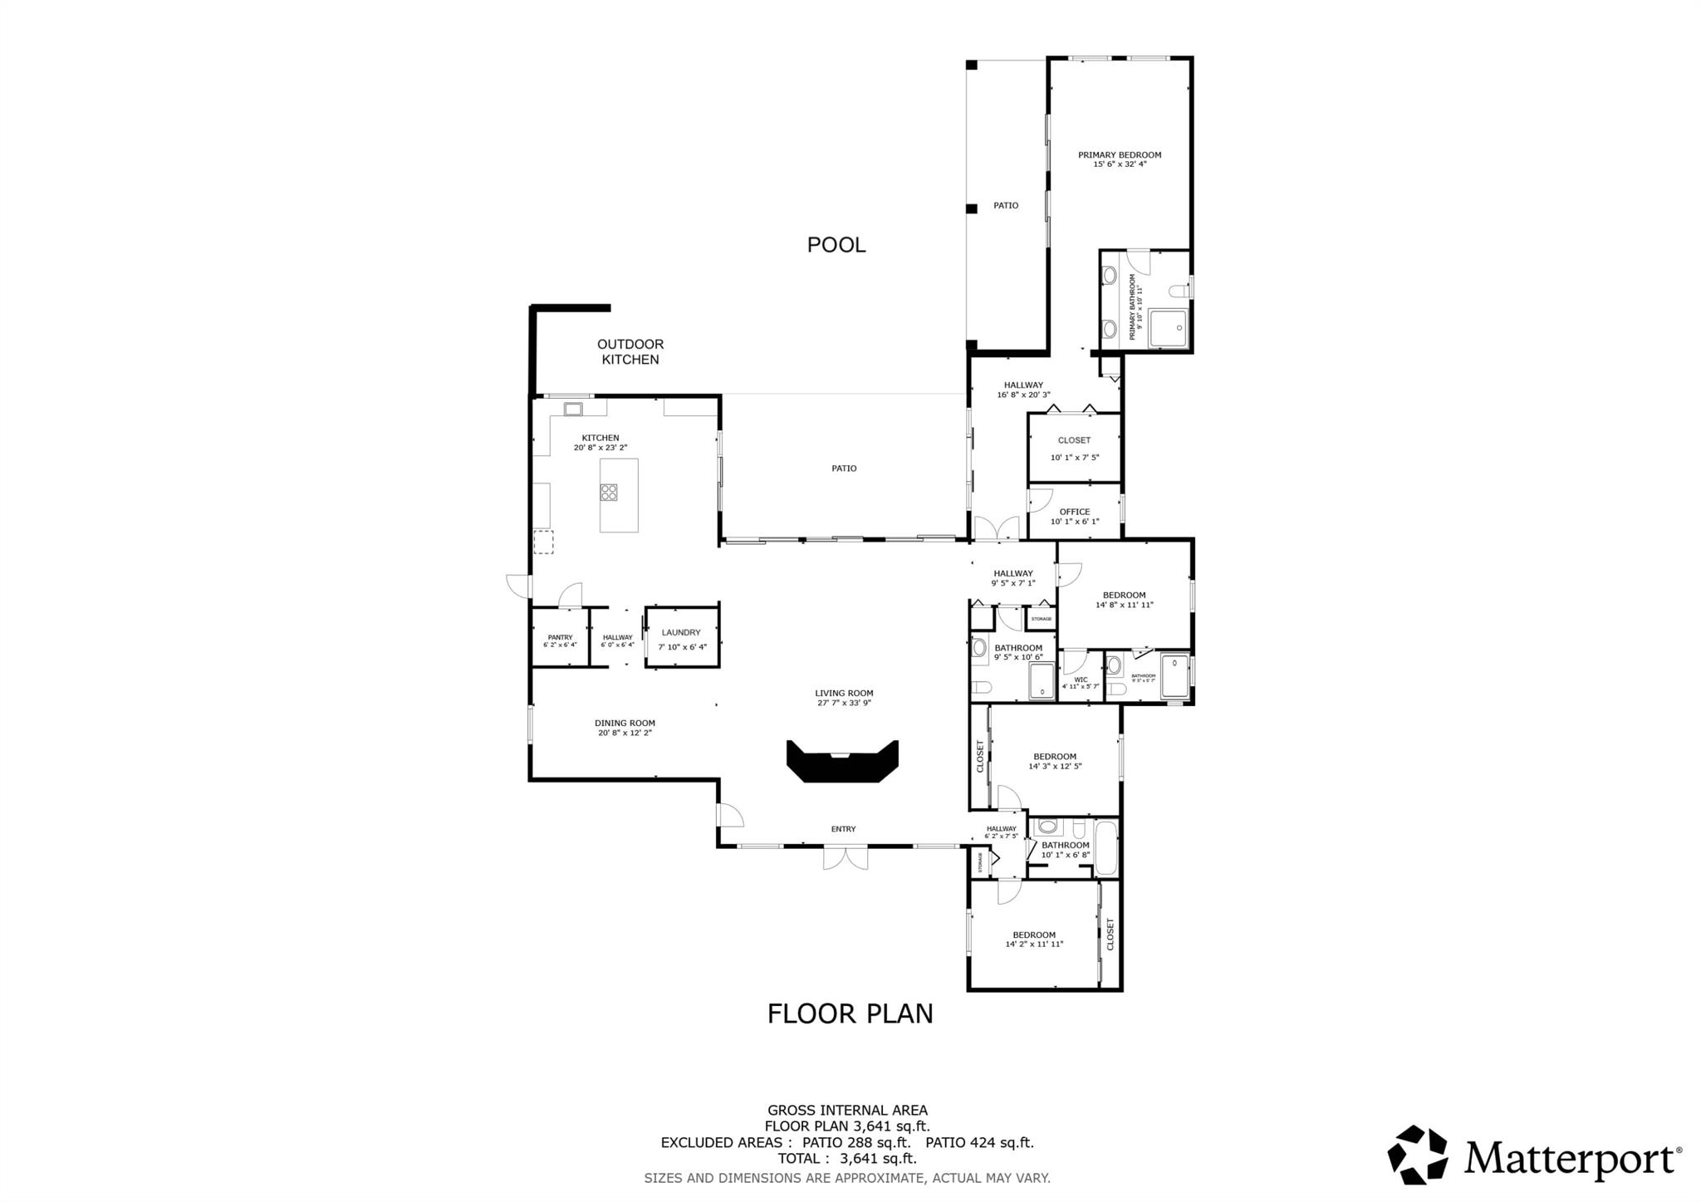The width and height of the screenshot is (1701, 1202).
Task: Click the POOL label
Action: tap(836, 245)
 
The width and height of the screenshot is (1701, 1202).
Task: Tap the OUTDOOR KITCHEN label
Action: tap(630, 351)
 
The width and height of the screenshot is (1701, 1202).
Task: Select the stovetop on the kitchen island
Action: tap(609, 493)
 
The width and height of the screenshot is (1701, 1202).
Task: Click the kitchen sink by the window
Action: tap(573, 408)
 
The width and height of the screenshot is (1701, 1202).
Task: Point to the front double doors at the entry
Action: tap(845, 856)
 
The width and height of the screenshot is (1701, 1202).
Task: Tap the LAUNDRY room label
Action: tap(681, 632)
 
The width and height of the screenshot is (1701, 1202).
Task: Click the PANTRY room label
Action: tap(560, 637)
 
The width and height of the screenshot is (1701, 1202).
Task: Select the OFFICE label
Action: tap(1074, 512)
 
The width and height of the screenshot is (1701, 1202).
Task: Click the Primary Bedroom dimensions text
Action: tap(1119, 164)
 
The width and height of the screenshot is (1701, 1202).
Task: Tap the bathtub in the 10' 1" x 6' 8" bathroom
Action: tap(1105, 847)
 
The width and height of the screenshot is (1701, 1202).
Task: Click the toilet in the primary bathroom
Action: tap(1179, 291)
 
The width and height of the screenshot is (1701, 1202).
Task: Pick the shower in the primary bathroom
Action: tap(1168, 328)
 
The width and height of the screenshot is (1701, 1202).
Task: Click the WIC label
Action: tap(1080, 679)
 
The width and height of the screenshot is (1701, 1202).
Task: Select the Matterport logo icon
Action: tap(1417, 1155)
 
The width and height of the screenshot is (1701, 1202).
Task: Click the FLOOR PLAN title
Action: tap(850, 1013)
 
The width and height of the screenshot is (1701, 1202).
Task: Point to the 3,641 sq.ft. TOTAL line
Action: tap(846, 1158)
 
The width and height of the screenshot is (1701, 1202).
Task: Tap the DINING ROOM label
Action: tap(625, 723)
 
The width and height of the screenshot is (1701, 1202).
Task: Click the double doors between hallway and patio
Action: tap(996, 528)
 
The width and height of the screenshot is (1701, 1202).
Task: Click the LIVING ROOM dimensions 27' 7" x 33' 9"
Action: tap(844, 703)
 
